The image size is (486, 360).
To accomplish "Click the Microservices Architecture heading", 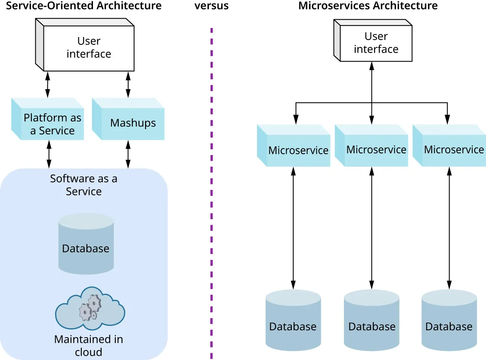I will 368,6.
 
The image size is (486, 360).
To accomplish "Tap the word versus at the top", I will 211,6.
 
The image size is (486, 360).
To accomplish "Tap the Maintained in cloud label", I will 89,345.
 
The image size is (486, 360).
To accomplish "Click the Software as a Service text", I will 84,185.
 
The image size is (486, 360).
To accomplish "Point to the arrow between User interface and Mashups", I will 128,84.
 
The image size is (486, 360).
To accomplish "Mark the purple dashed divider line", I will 211,194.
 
